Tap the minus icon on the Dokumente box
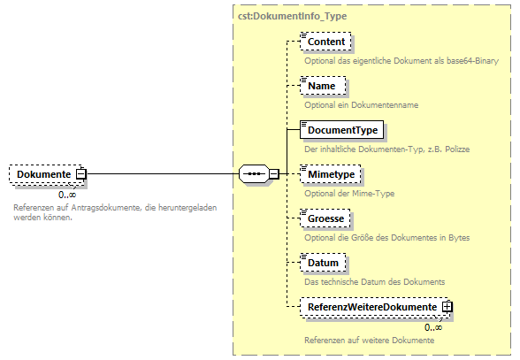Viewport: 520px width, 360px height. pyautogui.click(x=80, y=175)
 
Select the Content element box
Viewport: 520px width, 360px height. pyautogui.click(x=325, y=42)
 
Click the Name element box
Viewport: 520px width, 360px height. pyautogui.click(x=321, y=86)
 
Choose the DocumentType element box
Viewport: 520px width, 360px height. pyautogui.click(x=341, y=130)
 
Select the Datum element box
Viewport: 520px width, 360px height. pyautogui.click(x=323, y=263)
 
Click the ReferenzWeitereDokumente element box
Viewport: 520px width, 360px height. pyautogui.click(x=371, y=307)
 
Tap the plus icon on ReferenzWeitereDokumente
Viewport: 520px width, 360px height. pyautogui.click(x=447, y=307)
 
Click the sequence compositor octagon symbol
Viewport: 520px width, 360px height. pyautogui.click(x=255, y=174)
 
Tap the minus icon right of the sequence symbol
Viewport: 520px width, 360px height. pyautogui.click(x=274, y=174)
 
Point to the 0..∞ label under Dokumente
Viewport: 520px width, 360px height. pyautogui.click(x=66, y=195)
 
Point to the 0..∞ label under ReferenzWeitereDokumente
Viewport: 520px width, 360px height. pyautogui.click(x=432, y=327)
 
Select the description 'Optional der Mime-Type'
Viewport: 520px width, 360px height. pyautogui.click(x=350, y=194)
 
